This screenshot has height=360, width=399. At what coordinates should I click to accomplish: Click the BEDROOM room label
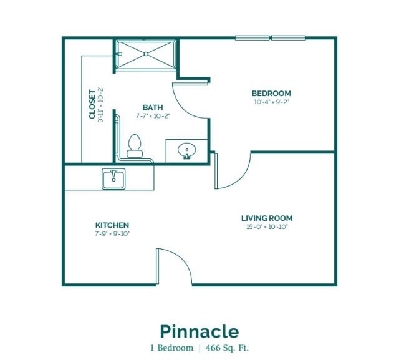271,93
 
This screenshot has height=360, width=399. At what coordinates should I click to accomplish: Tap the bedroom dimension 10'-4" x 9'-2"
272,102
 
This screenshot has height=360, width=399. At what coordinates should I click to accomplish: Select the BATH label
153,107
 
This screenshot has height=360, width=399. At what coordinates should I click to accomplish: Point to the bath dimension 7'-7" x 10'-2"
153,116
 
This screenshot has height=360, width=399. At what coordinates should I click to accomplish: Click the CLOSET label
92,104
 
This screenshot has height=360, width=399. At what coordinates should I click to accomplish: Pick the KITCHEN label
112,225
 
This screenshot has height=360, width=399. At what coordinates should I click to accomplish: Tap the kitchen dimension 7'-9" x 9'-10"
112,233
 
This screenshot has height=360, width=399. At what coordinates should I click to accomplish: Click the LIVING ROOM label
267,218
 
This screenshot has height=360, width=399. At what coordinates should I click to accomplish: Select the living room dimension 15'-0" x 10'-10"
267,226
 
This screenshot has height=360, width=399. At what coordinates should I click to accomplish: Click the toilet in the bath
135,146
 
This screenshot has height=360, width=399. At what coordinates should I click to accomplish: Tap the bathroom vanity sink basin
187,150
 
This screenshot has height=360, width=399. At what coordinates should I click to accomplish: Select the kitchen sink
113,178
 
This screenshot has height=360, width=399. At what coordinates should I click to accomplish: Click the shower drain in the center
146,54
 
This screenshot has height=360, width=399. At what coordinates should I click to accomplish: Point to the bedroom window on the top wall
270,38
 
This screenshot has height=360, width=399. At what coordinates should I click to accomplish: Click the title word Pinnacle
199,331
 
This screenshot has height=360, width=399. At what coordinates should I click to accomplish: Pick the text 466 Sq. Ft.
227,348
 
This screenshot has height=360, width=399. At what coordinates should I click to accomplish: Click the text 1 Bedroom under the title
172,348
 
